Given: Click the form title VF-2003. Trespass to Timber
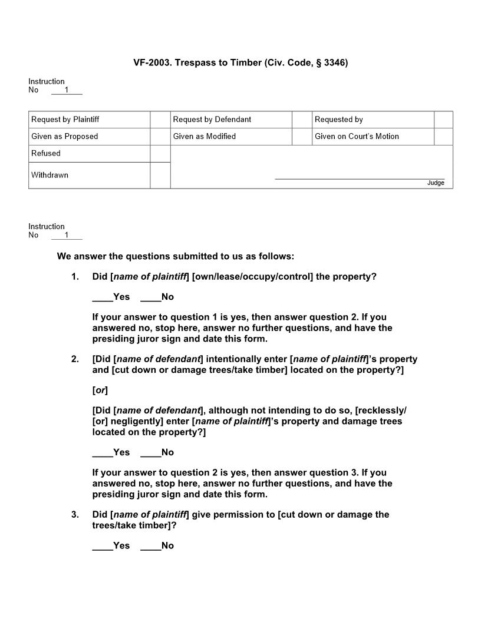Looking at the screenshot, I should coord(240,62).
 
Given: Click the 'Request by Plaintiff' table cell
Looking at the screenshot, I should coord(65,120).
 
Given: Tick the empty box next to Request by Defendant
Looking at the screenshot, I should coord(302,120).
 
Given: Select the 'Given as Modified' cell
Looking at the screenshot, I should coord(204,137).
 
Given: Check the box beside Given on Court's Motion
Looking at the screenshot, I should coord(443,137).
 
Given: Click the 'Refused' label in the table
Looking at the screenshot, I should coord(46,154).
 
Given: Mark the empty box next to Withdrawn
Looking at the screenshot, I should coord(160,176).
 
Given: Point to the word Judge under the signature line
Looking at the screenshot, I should coord(436,183).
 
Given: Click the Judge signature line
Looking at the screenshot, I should coord(360,178).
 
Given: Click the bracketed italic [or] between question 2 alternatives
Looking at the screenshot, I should coord(100,391).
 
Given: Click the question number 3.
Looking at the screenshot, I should coord(75,515).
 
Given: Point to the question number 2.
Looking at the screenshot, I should coord(75,359).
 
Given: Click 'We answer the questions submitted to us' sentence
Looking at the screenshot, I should coord(175,257).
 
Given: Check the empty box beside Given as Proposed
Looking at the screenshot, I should coord(160,137).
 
